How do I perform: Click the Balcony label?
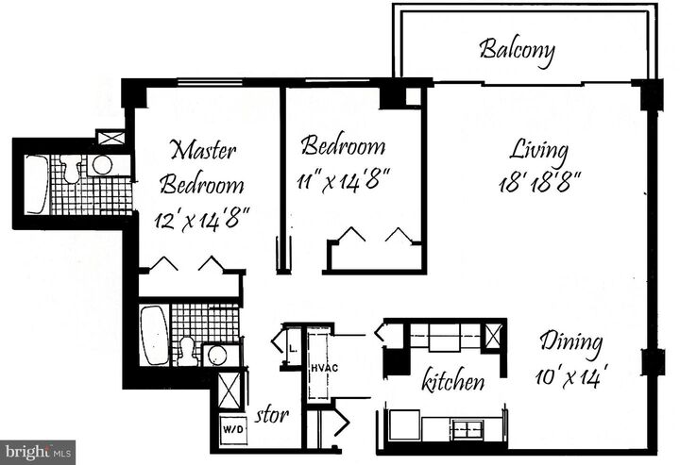(516, 49)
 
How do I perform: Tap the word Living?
(538, 150)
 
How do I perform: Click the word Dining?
(570, 342)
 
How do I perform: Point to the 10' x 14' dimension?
(570, 374)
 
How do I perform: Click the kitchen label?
(453, 382)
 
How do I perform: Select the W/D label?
(231, 429)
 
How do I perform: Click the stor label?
(272, 414)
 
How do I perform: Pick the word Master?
(202, 150)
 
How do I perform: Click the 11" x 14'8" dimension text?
(346, 176)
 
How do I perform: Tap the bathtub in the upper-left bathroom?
(36, 183)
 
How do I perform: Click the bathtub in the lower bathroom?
(154, 335)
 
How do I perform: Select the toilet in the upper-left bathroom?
(72, 171)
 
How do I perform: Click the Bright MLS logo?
(38, 452)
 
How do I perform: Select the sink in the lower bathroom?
(216, 355)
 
